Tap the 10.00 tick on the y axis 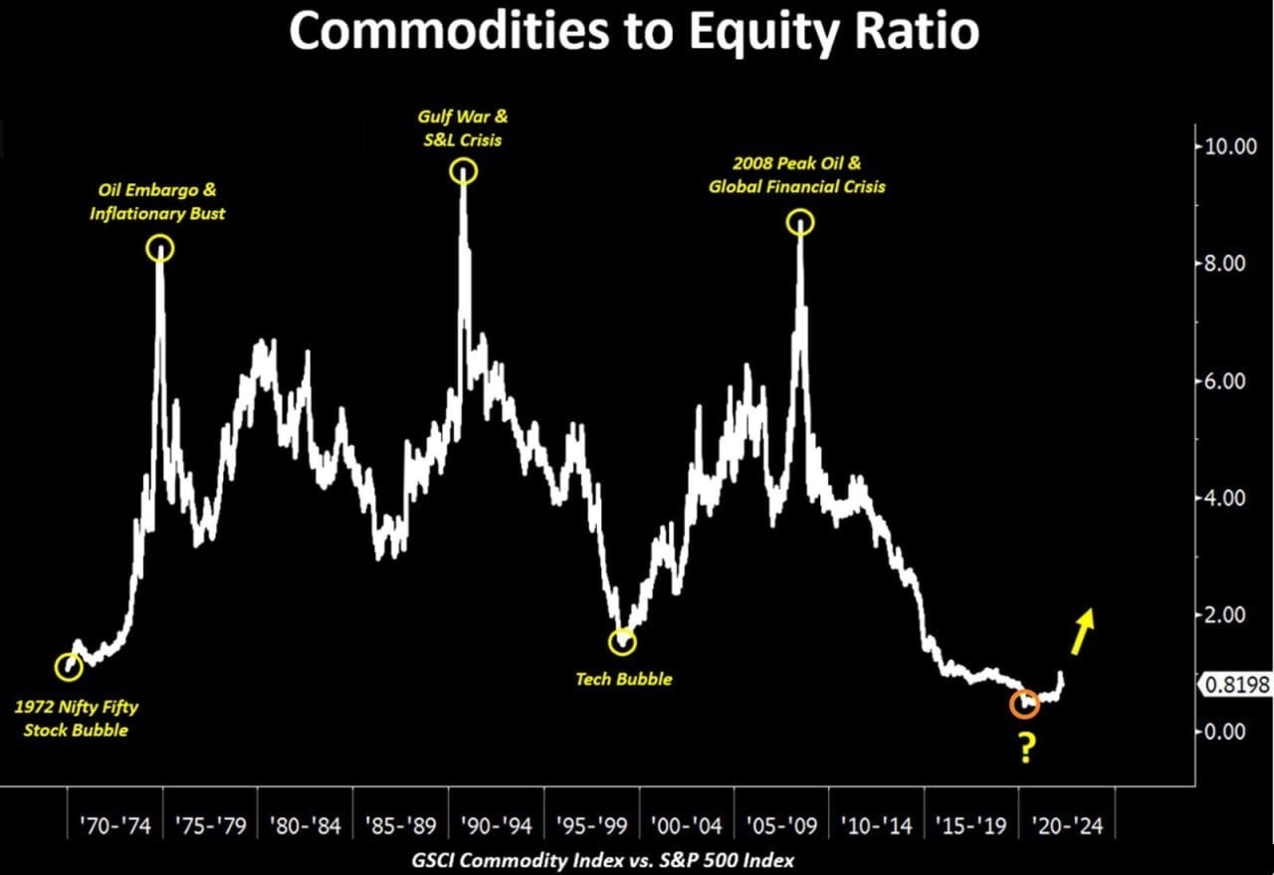(1230, 146)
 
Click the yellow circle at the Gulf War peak (464, 171)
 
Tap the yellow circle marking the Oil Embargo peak (160, 249)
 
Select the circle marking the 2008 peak (800, 223)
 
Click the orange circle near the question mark (1024, 704)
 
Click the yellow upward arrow (1082, 631)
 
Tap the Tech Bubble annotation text (624, 679)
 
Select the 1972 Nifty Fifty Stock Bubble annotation (77, 719)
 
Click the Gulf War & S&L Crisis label (459, 129)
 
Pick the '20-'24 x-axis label (1067, 826)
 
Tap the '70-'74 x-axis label (115, 826)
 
